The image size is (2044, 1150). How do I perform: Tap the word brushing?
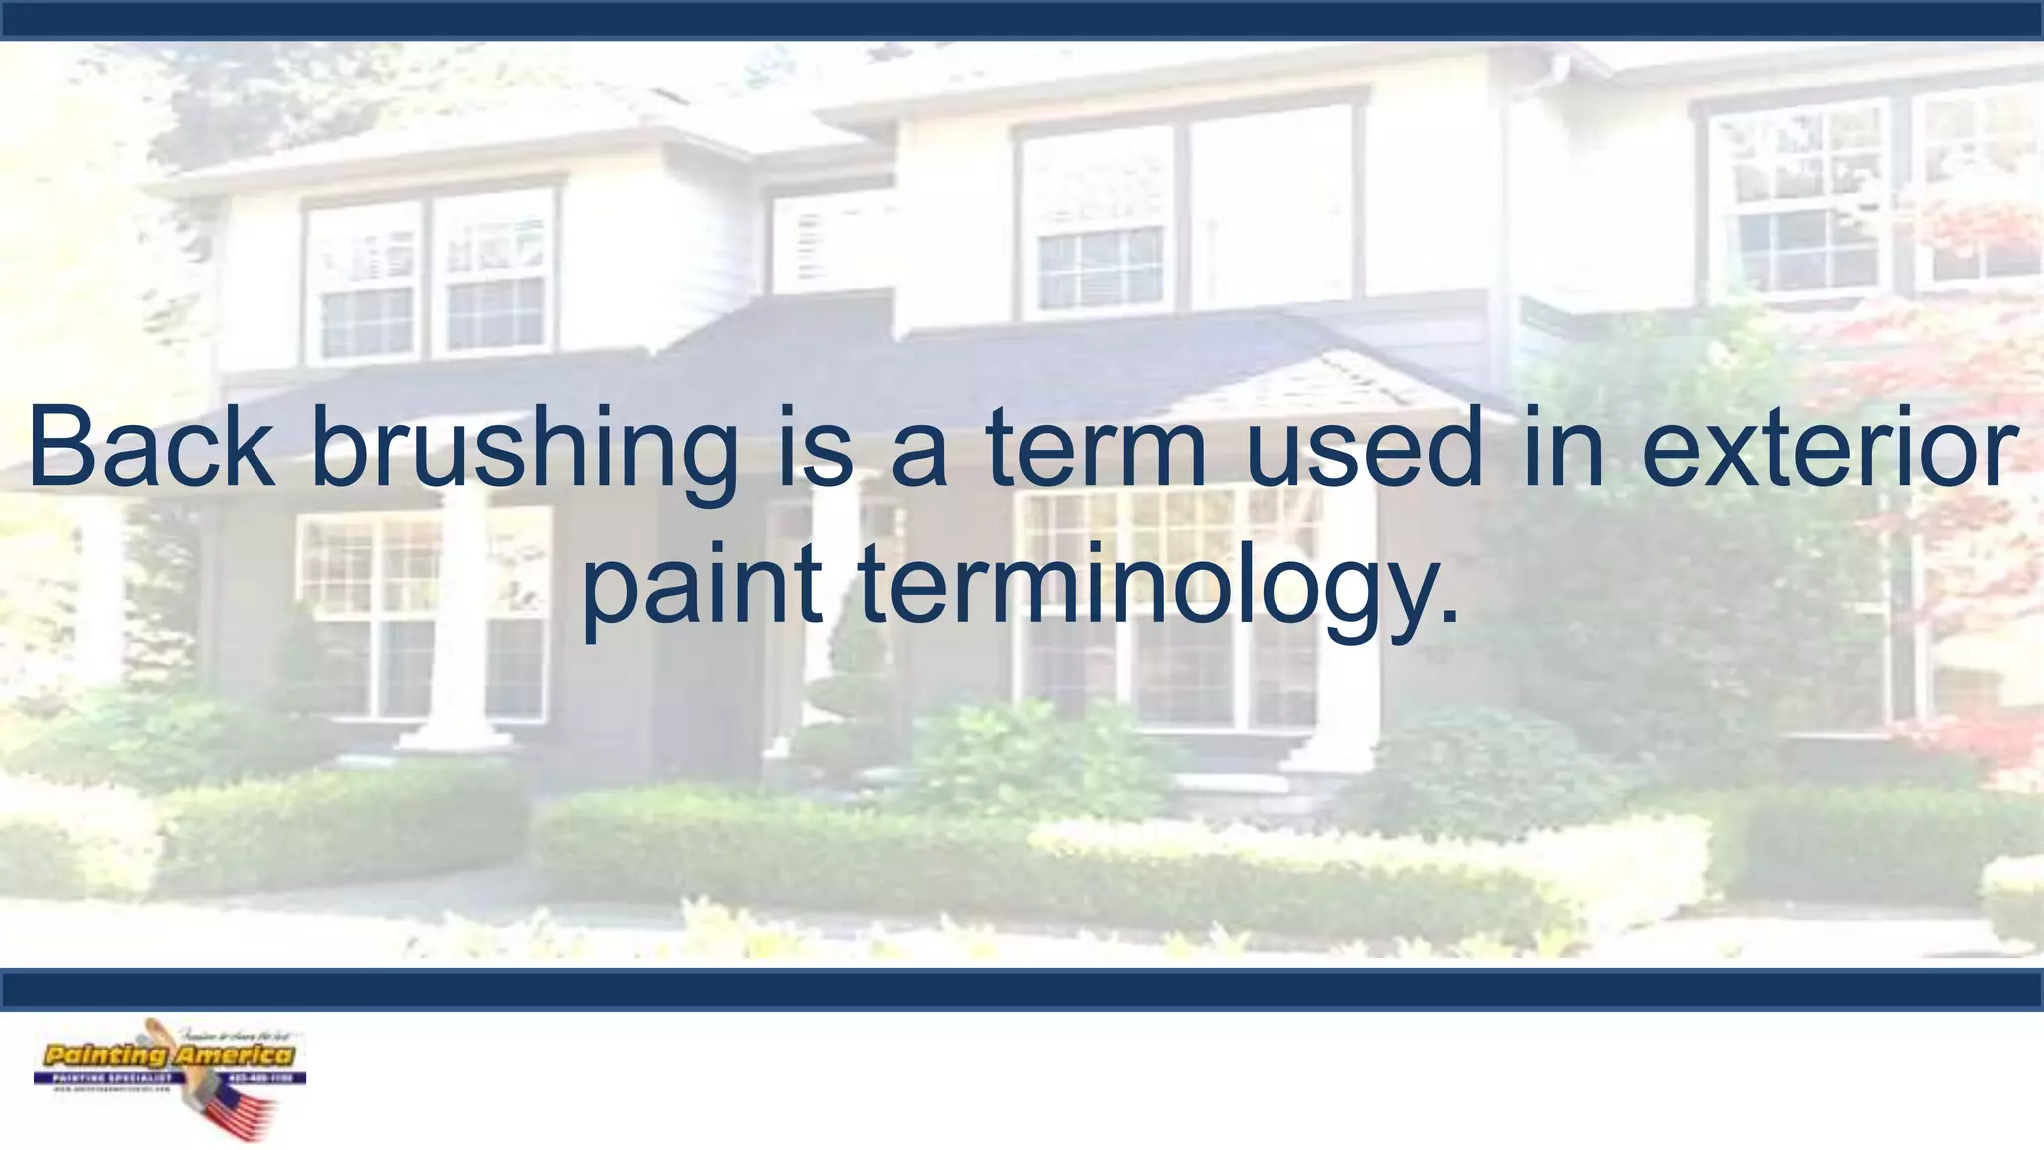[x=524, y=451]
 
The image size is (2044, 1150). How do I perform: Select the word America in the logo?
[x=234, y=1055]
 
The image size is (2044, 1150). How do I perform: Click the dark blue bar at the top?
[x=1022, y=20]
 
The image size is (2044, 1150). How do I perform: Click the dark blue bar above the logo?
[x=1022, y=989]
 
